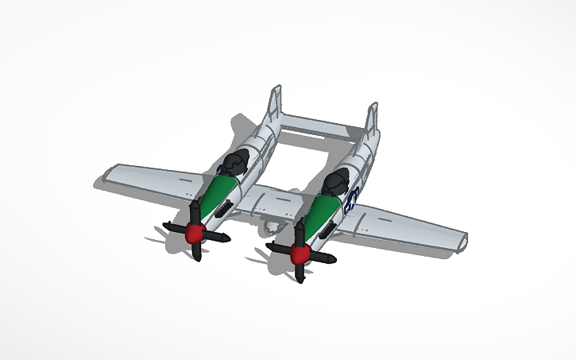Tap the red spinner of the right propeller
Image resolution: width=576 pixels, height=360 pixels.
tap(300, 254)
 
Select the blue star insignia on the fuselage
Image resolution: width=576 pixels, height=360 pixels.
tap(353, 196)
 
